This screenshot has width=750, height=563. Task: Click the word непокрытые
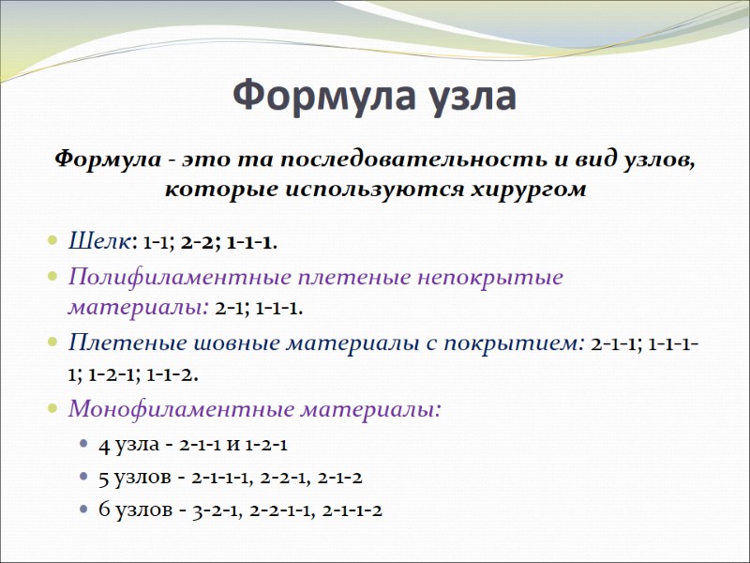click(487, 278)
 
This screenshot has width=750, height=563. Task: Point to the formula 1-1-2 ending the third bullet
click(172, 373)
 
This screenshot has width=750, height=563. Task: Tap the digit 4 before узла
click(103, 444)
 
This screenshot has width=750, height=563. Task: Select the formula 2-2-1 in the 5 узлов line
click(280, 477)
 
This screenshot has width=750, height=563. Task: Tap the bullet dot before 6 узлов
click(83, 511)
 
